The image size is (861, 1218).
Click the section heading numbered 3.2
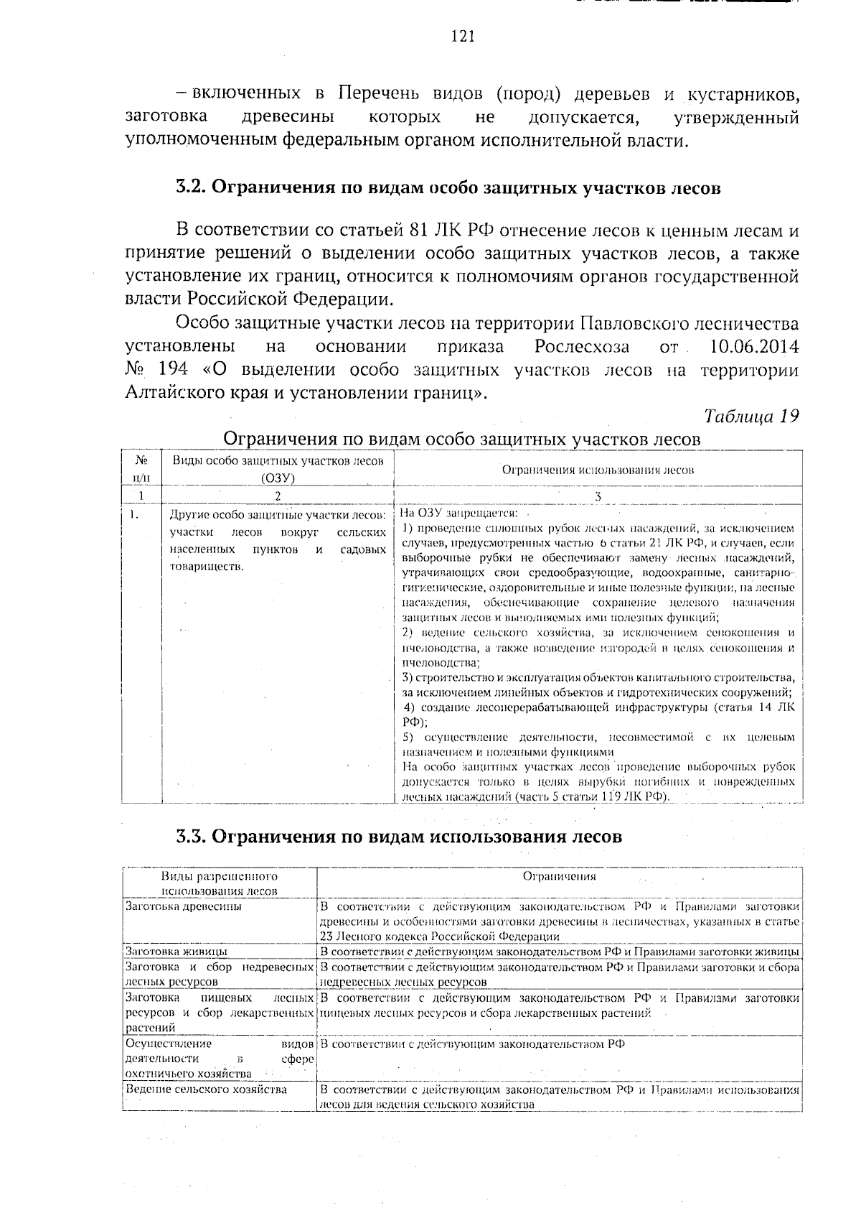pos(448,188)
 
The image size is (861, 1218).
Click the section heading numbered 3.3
pos(399,837)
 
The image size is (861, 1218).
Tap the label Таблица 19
pos(751,417)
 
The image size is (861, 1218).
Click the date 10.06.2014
pos(753,348)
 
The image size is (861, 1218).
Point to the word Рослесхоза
pos(582,348)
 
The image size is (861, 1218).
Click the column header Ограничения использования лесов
pos(598,470)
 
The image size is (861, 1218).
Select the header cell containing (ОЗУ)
pos(278,478)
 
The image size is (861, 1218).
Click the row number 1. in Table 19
pos(134,515)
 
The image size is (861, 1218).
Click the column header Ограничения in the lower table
pos(559,876)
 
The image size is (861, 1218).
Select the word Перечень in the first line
pos(380,95)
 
